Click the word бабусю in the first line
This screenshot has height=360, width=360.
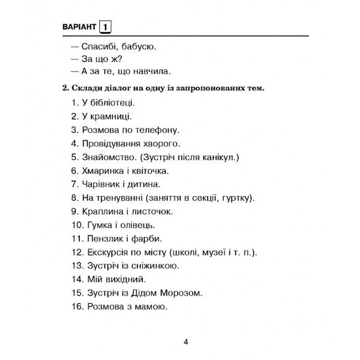tap(137, 46)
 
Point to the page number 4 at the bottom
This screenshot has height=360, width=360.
tap(186, 341)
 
